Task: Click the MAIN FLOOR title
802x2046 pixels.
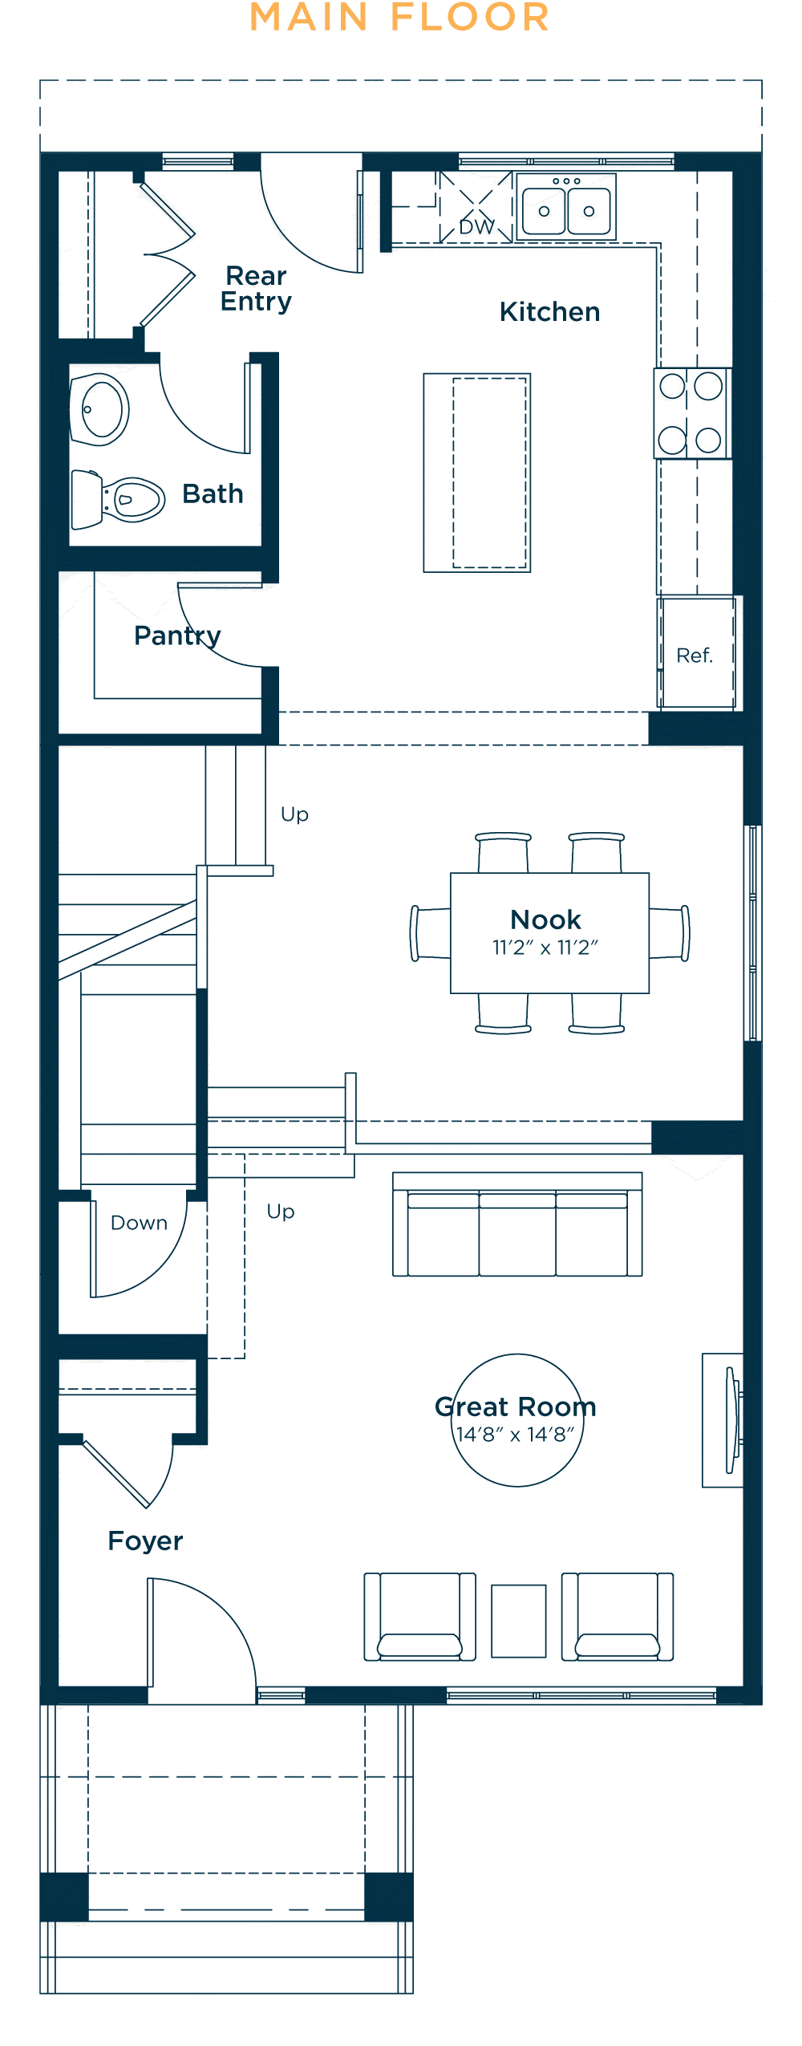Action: (x=399, y=18)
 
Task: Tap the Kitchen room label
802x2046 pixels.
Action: (x=549, y=311)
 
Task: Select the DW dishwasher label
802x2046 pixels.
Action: (x=476, y=227)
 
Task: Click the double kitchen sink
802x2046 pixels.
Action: (x=566, y=206)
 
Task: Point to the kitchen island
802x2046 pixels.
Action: (x=477, y=473)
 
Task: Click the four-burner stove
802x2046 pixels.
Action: (x=691, y=413)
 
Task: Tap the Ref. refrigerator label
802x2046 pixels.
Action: (x=695, y=656)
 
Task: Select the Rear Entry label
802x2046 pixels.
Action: (x=256, y=288)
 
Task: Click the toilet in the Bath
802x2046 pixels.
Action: (x=118, y=499)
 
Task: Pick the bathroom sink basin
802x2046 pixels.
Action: (x=100, y=409)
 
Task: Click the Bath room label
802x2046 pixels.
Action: (x=213, y=493)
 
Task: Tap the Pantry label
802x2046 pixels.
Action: (x=177, y=635)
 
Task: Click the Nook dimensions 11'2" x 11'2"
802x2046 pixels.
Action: (x=545, y=948)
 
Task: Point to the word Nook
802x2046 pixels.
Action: (x=545, y=919)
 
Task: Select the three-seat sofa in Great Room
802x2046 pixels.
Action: (x=517, y=1224)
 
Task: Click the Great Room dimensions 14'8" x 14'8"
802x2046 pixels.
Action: (x=516, y=1435)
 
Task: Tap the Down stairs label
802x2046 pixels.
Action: (x=139, y=1223)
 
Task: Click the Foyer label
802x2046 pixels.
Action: (x=145, y=1541)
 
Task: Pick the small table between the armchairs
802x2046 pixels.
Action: (x=519, y=1621)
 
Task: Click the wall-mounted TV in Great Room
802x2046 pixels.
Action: (x=732, y=1420)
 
